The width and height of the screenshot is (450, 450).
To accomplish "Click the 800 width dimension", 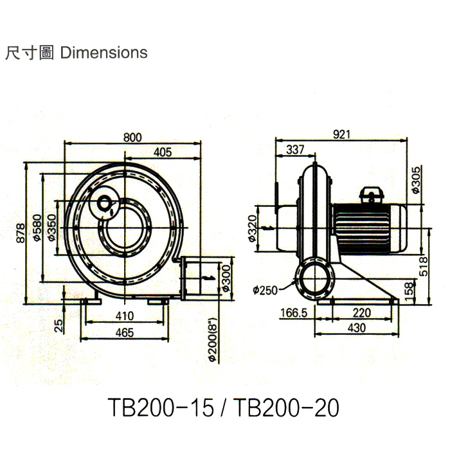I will point(132,137).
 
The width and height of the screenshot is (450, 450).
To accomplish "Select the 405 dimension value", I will point(163,152).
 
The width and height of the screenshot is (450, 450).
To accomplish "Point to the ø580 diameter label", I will point(38,228).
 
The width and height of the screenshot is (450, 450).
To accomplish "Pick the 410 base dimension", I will point(125,316).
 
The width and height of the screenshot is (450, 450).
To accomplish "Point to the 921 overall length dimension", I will point(342,135).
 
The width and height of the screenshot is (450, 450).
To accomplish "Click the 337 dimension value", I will point(295,150).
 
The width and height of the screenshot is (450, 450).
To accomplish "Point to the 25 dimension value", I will point(59,326).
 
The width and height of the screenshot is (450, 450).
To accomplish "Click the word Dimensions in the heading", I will point(104,53).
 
